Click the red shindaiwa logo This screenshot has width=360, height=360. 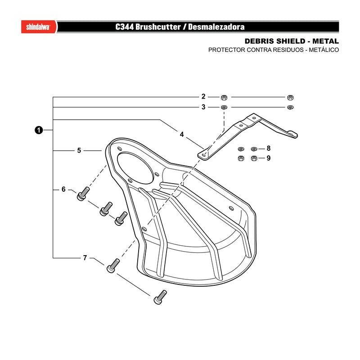point(39,27)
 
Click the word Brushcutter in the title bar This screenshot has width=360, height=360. point(158,27)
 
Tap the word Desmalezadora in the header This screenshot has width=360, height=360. point(216,27)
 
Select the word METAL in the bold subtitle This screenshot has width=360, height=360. point(325,41)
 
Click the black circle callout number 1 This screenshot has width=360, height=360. point(39,130)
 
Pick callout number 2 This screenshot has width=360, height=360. point(203,96)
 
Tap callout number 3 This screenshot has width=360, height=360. point(203,107)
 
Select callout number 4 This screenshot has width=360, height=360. point(182,134)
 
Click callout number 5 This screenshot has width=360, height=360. point(79,150)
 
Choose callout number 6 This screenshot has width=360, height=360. point(63,189)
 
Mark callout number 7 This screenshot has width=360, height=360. point(85,258)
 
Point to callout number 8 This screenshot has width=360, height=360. point(269,148)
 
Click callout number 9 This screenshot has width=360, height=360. point(269,158)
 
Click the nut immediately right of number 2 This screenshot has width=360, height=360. point(224,98)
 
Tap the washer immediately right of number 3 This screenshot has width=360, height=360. point(224,107)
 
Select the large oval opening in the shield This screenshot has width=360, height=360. point(135,168)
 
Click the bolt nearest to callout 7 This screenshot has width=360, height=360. point(113,265)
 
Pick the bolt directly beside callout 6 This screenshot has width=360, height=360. point(83,194)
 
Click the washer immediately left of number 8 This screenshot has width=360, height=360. point(254,149)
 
